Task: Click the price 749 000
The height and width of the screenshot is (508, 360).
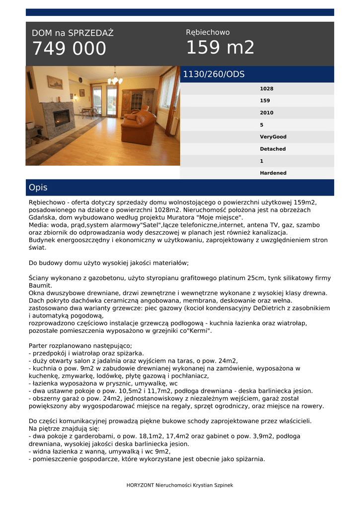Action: [69, 49]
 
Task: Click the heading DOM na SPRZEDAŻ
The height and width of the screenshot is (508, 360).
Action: [72, 33]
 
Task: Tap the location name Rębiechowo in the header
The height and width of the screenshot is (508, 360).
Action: [208, 32]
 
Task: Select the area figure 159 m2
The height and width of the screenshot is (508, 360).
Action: [220, 48]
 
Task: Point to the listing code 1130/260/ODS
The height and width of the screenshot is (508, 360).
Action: [214, 74]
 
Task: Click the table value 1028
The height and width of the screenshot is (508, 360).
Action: [267, 89]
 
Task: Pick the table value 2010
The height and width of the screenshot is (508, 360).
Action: [267, 113]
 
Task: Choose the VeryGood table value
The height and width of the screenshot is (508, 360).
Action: [273, 137]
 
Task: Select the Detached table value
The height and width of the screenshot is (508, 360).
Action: [273, 149]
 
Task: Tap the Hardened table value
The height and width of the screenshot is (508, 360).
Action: [273, 173]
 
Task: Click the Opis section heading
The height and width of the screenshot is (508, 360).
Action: [38, 188]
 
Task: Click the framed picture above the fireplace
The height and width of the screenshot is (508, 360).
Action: [55, 82]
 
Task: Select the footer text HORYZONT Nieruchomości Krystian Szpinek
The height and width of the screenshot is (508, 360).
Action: [180, 485]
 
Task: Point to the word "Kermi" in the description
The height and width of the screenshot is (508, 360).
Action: [200, 331]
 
